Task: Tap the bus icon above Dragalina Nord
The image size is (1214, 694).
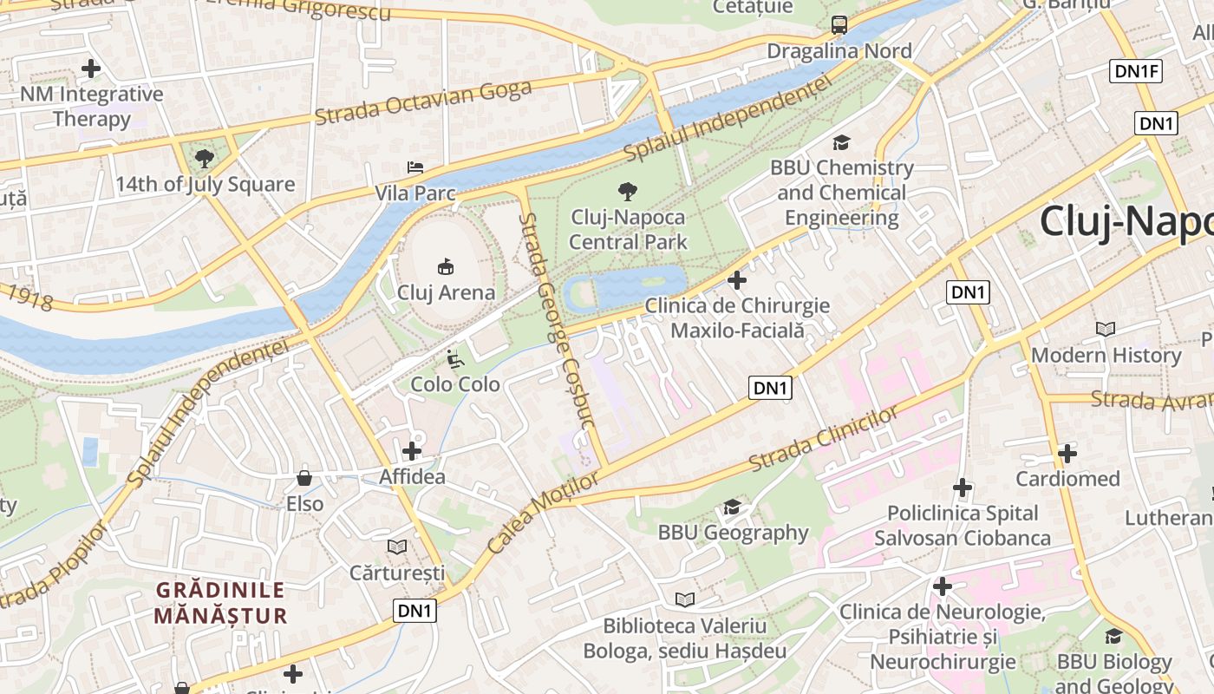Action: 839,25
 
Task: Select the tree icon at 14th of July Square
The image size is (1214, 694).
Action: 205,158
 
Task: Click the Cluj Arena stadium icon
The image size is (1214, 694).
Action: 446,266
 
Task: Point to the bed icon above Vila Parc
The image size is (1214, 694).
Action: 415,167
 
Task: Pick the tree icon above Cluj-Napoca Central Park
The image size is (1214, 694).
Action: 627,192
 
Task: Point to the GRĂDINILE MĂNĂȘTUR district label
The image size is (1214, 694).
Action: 220,603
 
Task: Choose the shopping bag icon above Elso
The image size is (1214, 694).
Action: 304,478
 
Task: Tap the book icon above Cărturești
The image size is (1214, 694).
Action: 396,547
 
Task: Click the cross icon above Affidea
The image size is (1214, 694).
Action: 412,451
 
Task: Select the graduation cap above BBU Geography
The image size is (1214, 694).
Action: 732,507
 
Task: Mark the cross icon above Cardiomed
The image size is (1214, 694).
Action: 1067,453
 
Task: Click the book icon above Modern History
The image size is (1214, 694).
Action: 1105,329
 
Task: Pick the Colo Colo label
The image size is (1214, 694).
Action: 455,383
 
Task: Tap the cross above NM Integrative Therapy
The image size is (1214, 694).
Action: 90,68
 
